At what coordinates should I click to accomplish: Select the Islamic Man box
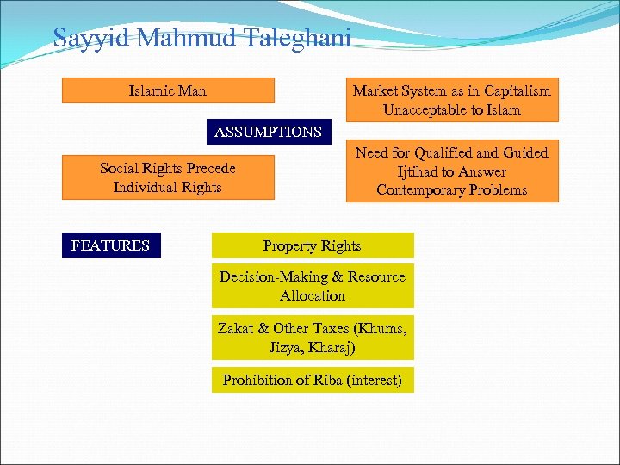pos(168,90)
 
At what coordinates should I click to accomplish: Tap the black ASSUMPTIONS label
pos(268,132)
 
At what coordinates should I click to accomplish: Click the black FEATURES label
pos(110,245)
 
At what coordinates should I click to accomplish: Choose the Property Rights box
pos(313,245)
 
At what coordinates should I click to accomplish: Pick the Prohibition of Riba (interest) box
pos(313,380)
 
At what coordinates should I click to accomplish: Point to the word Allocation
pos(313,295)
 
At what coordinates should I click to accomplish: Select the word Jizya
pos(287,347)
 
